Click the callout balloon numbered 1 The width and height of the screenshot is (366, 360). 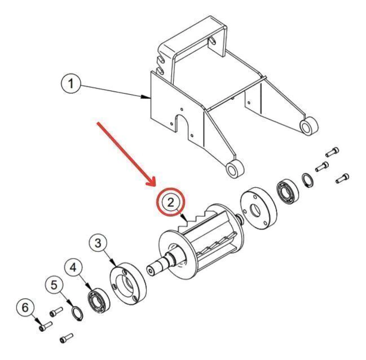(x=70, y=84)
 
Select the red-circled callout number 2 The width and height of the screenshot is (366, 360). (x=171, y=202)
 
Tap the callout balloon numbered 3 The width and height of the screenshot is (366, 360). (x=98, y=243)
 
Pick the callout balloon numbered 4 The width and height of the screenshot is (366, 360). (x=73, y=267)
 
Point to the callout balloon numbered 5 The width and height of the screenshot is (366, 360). (x=54, y=286)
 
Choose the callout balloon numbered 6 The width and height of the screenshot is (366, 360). (x=25, y=308)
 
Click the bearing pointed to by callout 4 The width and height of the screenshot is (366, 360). (x=99, y=301)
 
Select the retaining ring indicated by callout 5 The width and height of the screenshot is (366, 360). (x=77, y=314)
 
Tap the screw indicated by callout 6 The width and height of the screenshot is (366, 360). (x=46, y=326)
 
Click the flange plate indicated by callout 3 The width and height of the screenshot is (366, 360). (x=128, y=283)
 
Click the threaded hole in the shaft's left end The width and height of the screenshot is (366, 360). (x=151, y=271)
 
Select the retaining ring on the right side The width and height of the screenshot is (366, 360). (x=308, y=180)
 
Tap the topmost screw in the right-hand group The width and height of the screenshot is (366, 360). (x=332, y=152)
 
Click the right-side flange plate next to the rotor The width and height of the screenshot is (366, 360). (x=258, y=207)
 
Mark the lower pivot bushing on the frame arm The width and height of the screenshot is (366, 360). (x=235, y=169)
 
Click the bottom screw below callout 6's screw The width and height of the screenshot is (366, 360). (x=67, y=338)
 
